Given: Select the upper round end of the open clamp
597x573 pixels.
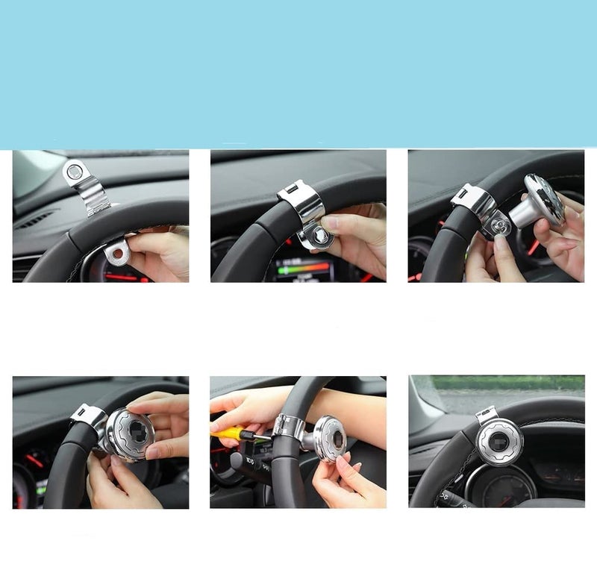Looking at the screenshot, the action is coord(74,173).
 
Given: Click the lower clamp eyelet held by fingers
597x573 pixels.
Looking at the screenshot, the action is coord(116,254).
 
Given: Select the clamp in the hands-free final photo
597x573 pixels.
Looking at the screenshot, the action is coord(487,415).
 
